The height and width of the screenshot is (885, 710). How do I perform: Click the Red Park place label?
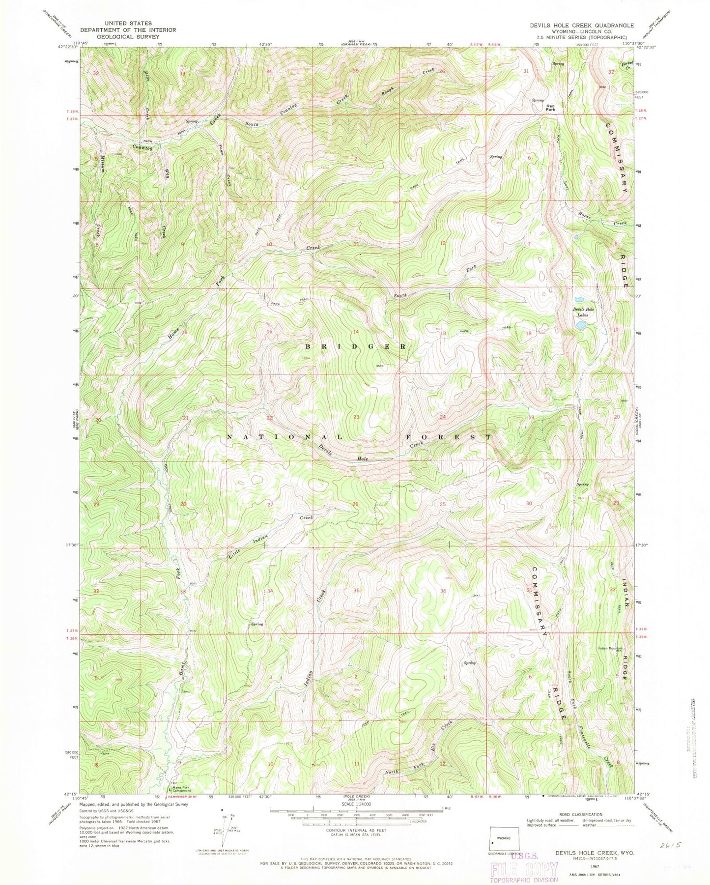pos(550,108)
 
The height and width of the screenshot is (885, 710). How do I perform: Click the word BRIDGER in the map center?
pos(356,346)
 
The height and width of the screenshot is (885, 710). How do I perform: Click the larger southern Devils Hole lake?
pos(581,325)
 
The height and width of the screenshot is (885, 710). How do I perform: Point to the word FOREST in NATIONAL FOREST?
pos(448,436)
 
